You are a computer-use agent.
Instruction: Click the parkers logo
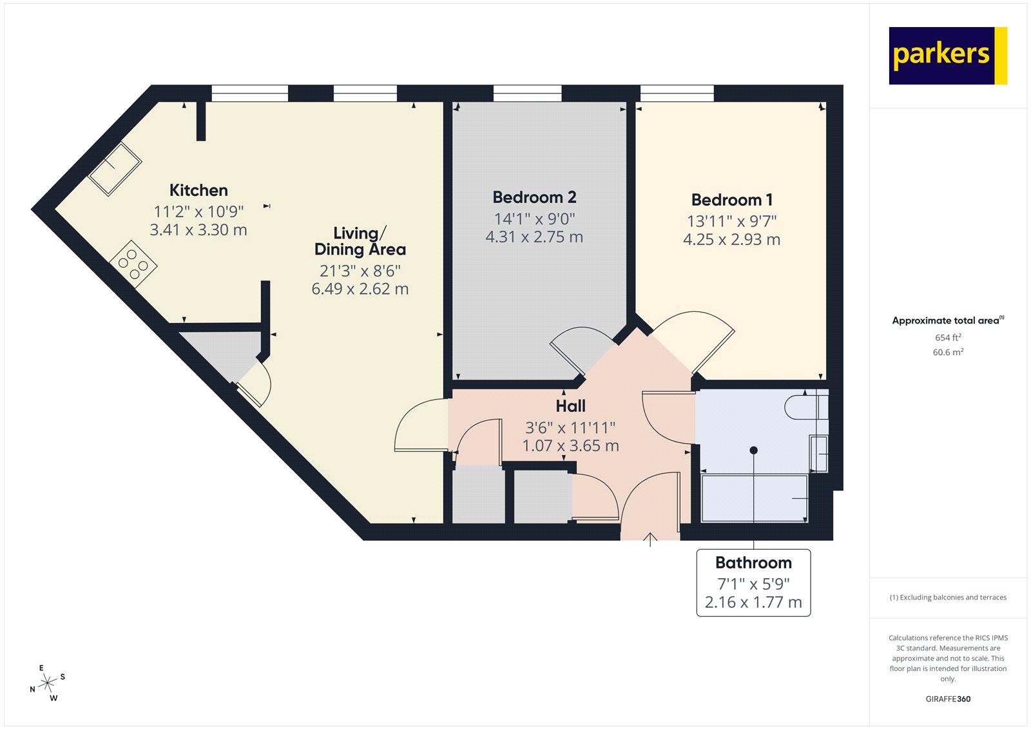click(x=947, y=55)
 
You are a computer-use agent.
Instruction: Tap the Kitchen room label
click(x=198, y=190)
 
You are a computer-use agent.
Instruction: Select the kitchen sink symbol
click(x=115, y=168)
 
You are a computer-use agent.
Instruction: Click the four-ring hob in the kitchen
click(x=133, y=264)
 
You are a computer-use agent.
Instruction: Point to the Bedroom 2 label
click(x=534, y=197)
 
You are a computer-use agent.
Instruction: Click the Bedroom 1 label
click(x=731, y=200)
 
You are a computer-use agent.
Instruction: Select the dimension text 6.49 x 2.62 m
click(x=360, y=289)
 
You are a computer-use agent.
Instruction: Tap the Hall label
click(x=570, y=406)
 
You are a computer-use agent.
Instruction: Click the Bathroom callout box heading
click(x=753, y=563)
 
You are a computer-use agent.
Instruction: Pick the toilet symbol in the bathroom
click(x=804, y=407)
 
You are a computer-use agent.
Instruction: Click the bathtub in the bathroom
click(x=754, y=498)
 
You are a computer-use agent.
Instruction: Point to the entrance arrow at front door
click(x=650, y=539)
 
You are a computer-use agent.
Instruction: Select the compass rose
click(x=47, y=684)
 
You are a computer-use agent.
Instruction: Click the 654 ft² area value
click(x=947, y=338)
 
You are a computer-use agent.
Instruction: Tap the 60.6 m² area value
click(x=947, y=352)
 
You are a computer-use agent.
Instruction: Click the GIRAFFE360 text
click(x=947, y=699)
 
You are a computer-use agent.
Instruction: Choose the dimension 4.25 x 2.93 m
click(x=731, y=240)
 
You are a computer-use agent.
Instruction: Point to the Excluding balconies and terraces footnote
click(x=947, y=598)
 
